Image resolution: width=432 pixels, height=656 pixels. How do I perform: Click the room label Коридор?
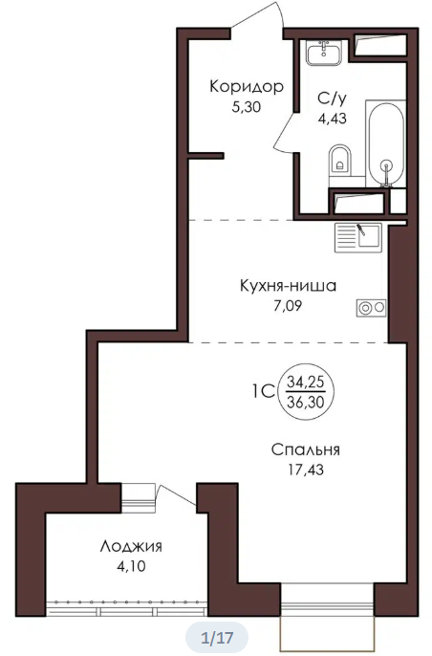point(247,87)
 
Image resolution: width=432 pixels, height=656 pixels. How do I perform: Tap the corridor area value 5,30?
point(247,107)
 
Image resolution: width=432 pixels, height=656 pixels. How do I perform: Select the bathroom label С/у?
point(332,98)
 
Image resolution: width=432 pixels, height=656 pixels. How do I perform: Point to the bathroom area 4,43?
point(333,119)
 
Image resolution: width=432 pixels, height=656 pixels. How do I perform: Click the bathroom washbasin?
point(324,53)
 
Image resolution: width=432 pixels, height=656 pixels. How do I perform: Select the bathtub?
point(386,143)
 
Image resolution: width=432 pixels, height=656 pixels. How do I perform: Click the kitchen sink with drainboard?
point(358,237)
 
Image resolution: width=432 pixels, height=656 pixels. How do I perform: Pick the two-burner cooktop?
point(372,308)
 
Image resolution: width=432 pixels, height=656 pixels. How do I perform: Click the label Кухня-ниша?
point(288,286)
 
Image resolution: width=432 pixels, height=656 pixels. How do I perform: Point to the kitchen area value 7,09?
point(288,306)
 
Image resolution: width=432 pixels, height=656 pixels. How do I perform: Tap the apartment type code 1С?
point(263,392)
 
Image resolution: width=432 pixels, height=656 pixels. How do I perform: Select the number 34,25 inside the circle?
point(306,382)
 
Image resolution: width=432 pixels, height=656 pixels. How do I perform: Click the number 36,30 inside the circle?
point(306,402)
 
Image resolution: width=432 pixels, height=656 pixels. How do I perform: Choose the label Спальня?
point(305,449)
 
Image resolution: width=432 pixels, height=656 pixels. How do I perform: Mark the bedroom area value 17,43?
point(306,470)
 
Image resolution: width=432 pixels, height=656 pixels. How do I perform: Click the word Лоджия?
point(131,547)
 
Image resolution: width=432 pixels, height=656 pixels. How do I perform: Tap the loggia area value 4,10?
point(131,567)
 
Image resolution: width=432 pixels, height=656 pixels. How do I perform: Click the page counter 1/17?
point(217,638)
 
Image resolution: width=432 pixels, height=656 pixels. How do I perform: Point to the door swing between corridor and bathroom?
point(286,132)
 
